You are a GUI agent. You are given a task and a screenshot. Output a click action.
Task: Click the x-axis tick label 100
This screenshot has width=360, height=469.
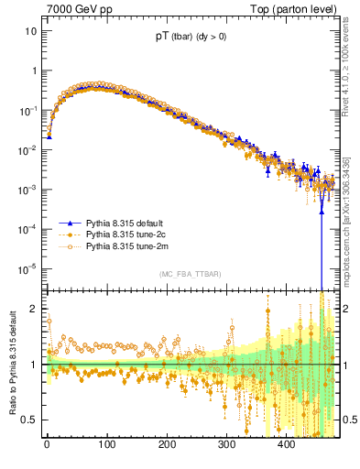pos(106,444)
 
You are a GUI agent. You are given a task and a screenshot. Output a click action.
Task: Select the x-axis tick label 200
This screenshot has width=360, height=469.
pos(167,444)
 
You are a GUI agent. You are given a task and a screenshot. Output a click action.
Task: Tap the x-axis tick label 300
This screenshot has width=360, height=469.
pos(226,444)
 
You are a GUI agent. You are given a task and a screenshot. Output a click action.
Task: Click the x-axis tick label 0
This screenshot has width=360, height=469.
pos(47,444)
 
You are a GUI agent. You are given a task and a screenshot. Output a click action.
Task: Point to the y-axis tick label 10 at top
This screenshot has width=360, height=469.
pos(30,31)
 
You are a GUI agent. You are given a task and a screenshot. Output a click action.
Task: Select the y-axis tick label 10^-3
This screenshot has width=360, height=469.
pos(27,190)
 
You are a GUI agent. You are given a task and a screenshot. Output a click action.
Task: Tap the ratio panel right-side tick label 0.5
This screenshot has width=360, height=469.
pos(350,420)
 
